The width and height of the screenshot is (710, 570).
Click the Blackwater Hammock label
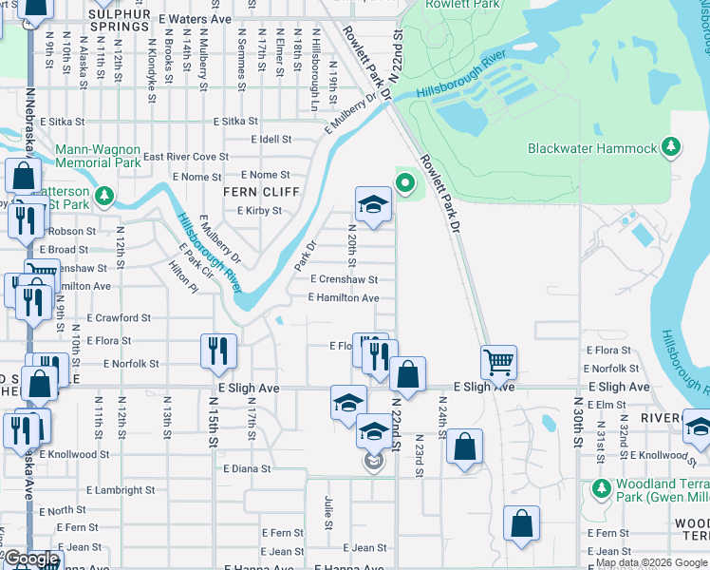(592, 149)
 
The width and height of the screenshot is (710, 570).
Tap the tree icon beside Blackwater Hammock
(671, 146)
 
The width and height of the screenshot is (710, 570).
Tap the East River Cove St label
(186, 157)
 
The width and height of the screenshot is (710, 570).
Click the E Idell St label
(271, 140)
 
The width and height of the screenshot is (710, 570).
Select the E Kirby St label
(259, 211)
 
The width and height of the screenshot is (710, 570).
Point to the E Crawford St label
(119, 318)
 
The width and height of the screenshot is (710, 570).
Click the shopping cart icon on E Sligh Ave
(497, 361)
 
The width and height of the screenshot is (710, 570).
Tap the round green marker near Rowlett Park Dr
(405, 181)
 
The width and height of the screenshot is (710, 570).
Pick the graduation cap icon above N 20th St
(373, 203)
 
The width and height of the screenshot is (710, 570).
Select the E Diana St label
(247, 468)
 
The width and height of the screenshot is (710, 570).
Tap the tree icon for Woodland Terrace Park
(600, 487)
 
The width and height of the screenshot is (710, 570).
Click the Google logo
(31, 560)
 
